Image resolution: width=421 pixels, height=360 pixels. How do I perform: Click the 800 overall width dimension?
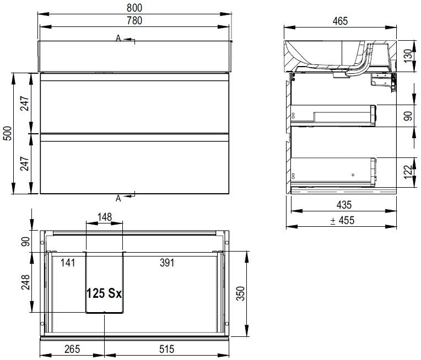(134, 8)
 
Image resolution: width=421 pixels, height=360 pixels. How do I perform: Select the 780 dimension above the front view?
(134, 21)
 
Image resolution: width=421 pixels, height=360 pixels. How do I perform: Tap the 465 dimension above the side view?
(340, 21)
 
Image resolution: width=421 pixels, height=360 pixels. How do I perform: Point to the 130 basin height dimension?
(408, 56)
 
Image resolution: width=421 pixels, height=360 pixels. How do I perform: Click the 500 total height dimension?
(8, 133)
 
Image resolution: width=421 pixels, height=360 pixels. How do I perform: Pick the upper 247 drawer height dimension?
(24, 103)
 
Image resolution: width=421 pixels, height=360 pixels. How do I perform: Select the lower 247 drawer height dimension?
(24, 163)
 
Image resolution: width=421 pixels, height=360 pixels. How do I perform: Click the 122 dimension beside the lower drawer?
(408, 172)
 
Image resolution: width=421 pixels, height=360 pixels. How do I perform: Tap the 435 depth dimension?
(344, 205)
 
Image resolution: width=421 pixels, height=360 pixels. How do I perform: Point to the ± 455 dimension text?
(342, 220)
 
